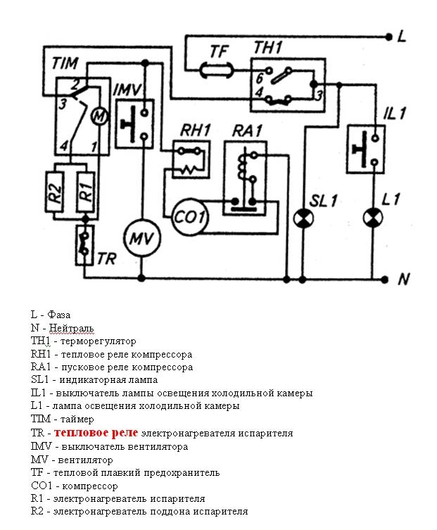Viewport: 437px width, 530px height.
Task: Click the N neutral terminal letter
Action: coord(403,279)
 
